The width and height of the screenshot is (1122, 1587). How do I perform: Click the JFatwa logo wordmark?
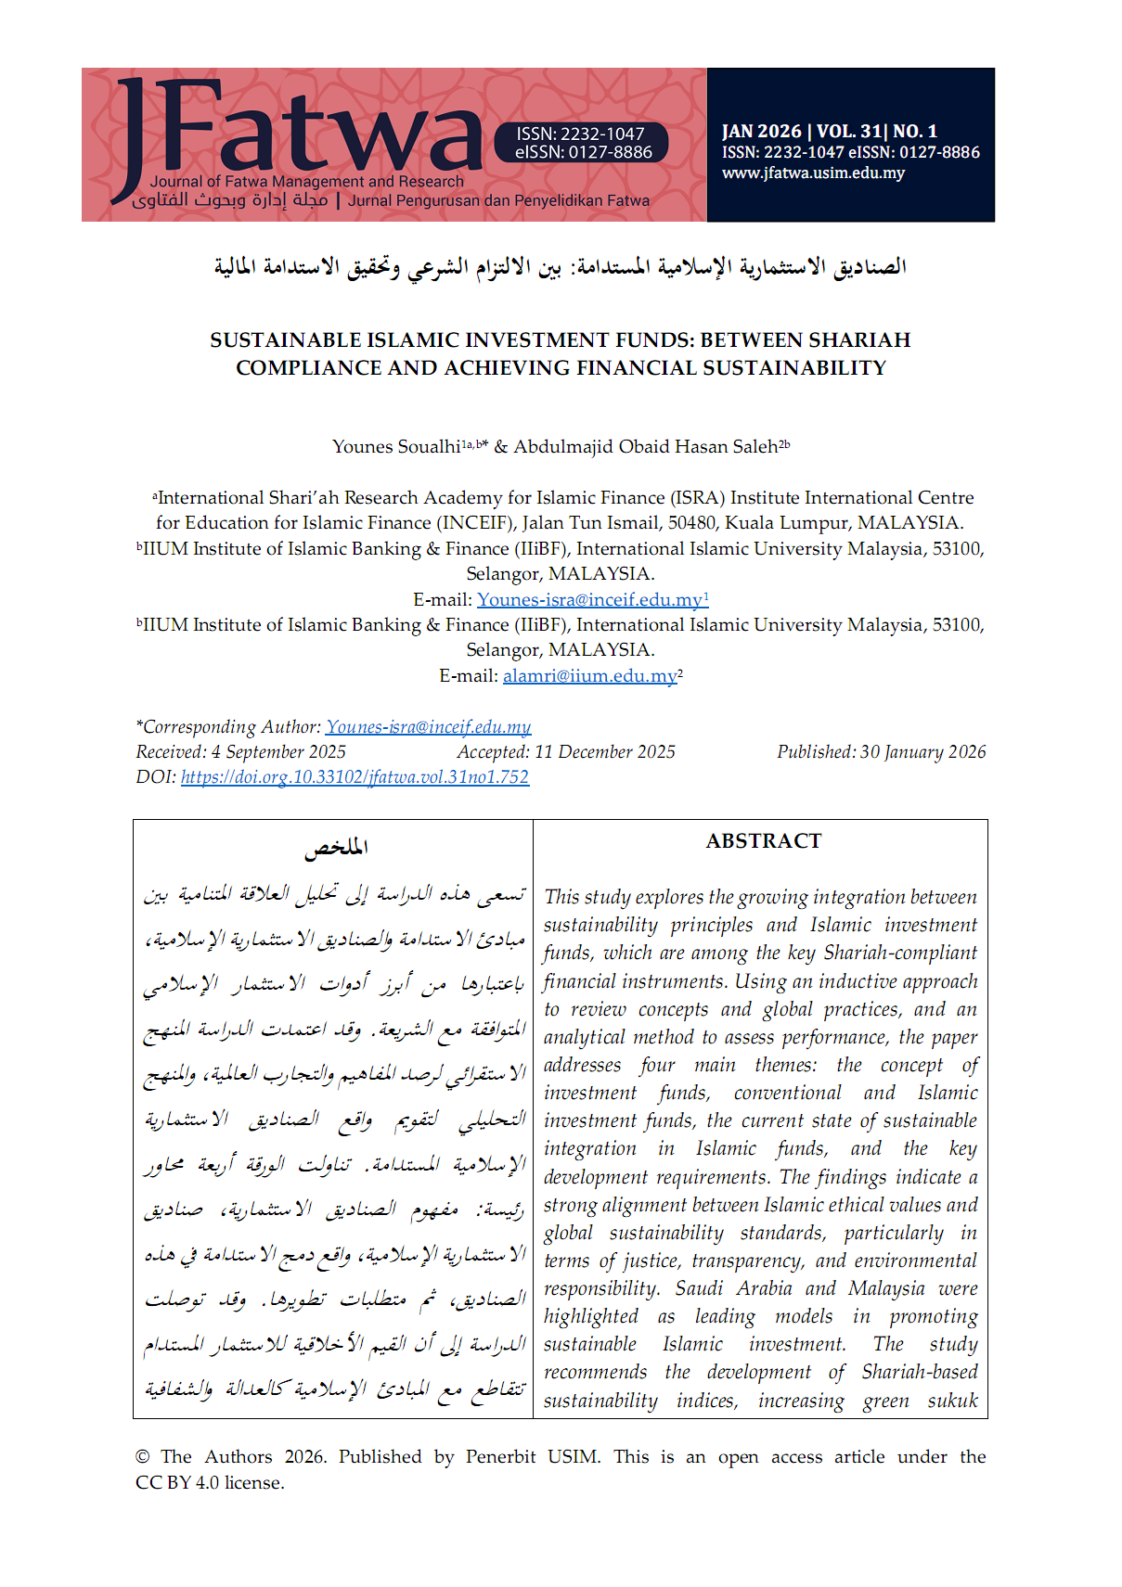(x=297, y=130)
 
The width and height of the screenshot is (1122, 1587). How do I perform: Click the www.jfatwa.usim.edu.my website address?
(x=813, y=173)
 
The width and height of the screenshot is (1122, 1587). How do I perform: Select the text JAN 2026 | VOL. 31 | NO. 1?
(x=830, y=132)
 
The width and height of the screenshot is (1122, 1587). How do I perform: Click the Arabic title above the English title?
(x=561, y=267)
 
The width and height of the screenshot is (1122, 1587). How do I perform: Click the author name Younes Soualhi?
(x=396, y=447)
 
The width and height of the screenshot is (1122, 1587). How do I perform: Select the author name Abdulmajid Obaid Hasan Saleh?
(x=645, y=447)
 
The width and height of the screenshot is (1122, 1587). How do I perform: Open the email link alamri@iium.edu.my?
(x=589, y=676)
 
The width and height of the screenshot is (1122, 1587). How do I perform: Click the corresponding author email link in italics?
(x=428, y=727)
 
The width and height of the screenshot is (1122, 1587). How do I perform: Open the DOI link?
(x=355, y=777)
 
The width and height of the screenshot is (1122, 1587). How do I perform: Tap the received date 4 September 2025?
(x=278, y=752)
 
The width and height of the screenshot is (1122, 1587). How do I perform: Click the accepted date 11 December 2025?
(x=604, y=752)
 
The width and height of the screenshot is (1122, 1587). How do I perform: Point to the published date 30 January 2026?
(x=922, y=752)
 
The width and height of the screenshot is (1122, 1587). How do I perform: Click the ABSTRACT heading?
(x=763, y=841)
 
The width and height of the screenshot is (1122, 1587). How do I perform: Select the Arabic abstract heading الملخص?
(x=336, y=847)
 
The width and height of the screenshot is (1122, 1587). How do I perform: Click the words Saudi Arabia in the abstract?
(x=733, y=1288)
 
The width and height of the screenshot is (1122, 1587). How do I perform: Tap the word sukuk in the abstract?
(x=952, y=1401)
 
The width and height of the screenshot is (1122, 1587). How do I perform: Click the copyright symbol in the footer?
(x=142, y=1457)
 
